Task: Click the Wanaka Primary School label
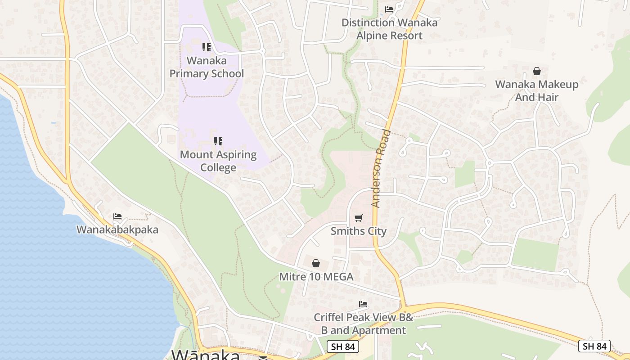(x=207, y=67)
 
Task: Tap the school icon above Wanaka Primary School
(x=207, y=47)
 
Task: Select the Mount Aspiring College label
(x=218, y=161)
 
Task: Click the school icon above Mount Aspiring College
(x=218, y=141)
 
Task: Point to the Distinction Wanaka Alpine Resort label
(x=389, y=29)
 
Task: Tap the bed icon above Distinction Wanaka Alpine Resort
(x=389, y=9)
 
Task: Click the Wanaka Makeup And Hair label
(x=537, y=90)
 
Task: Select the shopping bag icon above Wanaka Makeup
(x=537, y=71)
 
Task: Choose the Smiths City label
(x=359, y=231)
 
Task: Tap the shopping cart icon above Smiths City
(x=359, y=218)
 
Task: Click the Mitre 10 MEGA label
(x=316, y=277)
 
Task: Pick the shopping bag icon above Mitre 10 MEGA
(x=316, y=263)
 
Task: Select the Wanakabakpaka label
(x=117, y=229)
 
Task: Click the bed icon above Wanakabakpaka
(x=117, y=216)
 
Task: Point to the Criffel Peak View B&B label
(x=363, y=324)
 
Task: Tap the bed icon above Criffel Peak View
(x=363, y=305)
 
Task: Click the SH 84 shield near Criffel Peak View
(x=342, y=346)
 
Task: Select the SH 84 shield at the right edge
(x=594, y=346)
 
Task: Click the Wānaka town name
(x=206, y=355)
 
